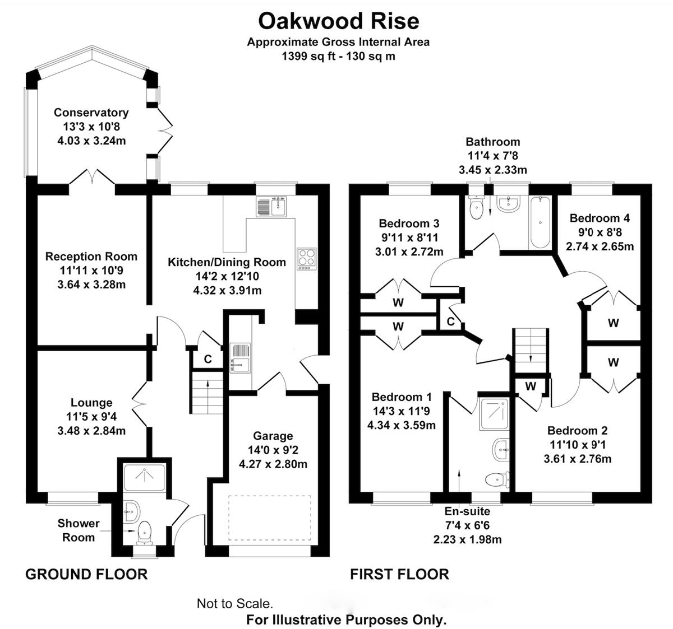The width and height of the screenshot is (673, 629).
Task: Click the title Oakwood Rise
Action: pos(338,21)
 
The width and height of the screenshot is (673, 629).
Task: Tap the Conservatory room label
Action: pos(91,113)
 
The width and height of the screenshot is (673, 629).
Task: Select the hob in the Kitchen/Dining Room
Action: pos(306,259)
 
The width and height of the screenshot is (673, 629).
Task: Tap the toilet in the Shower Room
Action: pos(145,530)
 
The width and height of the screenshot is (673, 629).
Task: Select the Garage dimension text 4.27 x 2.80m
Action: pos(273,464)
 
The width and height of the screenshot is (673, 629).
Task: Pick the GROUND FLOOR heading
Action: pos(86,574)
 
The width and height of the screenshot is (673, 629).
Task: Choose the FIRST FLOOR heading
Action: pos(399,574)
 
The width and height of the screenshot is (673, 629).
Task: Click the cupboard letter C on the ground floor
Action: pos(208,359)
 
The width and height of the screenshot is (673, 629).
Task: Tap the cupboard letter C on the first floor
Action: pos(450,322)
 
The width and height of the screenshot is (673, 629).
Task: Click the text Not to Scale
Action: pos(234,604)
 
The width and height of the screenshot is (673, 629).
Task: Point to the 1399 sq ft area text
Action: pos(338,56)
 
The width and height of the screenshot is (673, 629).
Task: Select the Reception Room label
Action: pos(91,257)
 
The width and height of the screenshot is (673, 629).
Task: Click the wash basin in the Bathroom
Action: pos(509,203)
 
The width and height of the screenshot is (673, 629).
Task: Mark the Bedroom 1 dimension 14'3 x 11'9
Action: pos(401,411)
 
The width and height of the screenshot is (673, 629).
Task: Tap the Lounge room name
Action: pos(91,403)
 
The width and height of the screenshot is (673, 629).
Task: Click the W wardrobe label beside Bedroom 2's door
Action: pos(531,386)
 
